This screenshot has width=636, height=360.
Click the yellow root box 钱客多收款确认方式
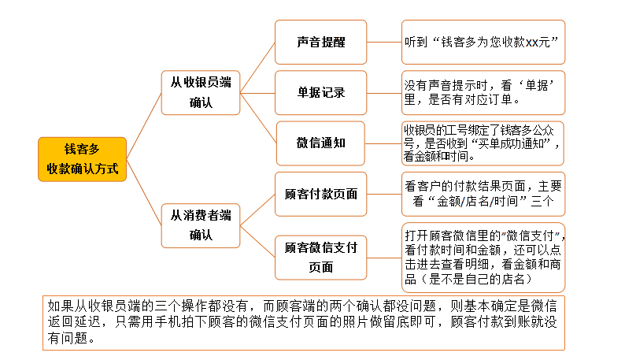point(82,159)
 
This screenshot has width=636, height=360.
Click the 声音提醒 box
point(320,42)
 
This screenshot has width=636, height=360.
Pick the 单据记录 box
point(320,92)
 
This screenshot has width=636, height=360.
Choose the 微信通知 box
point(320,143)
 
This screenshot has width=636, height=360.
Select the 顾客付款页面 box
point(320,193)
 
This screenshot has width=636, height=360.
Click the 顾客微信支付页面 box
point(320,257)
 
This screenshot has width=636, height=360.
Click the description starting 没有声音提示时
point(483,92)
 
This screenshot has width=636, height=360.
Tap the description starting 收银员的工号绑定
point(483,143)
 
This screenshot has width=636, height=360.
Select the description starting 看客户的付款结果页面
point(483,194)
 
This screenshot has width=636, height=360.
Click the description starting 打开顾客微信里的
point(483,257)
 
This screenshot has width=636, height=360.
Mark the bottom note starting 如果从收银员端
point(302,322)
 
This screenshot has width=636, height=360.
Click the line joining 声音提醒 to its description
point(384,42)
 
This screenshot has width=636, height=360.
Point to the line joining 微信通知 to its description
point(383,143)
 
